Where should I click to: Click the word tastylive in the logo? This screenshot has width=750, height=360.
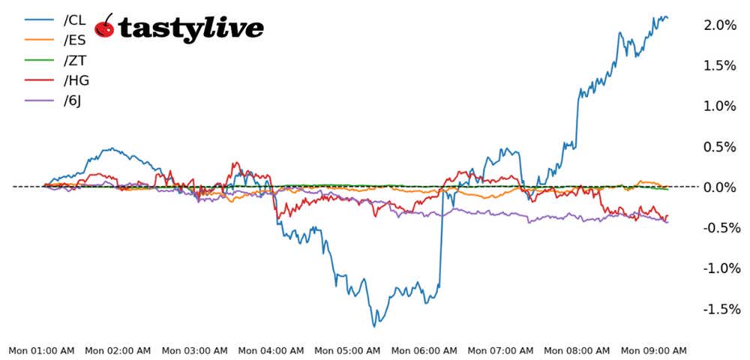point(191,28)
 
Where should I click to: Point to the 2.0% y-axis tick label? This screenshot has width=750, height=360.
point(721,25)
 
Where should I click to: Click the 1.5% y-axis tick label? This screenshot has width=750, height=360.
point(721,66)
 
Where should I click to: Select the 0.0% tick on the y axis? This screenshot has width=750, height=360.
point(721,187)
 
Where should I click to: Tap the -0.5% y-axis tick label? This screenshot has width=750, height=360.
point(719,228)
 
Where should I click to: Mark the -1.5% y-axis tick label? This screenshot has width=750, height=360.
point(719,309)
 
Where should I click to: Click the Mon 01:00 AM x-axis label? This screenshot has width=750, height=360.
point(41,350)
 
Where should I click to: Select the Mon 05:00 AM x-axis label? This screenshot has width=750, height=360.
point(347,350)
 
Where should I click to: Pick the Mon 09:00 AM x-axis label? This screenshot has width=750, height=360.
point(653,350)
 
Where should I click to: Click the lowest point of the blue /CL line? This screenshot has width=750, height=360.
point(375,325)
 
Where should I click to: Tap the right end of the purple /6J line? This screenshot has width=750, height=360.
point(667,221)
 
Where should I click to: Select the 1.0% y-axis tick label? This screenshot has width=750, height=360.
point(721,106)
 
